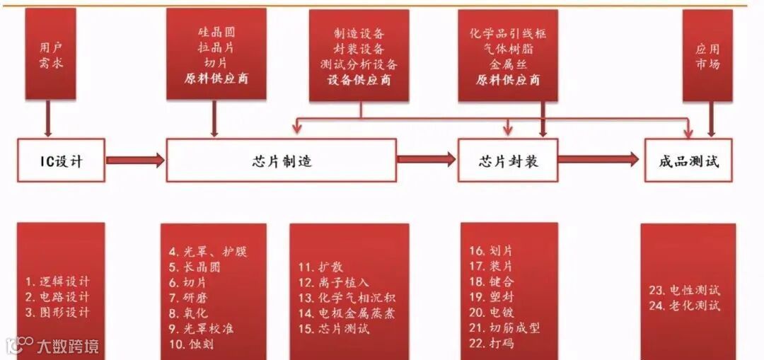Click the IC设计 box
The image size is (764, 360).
pyautogui.click(x=61, y=161)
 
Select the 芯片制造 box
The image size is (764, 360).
pyautogui.click(x=281, y=161)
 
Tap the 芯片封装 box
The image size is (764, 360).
pyautogui.click(x=508, y=161)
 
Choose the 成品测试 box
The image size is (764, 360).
pyautogui.click(x=690, y=161)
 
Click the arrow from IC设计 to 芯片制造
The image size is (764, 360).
pyautogui.click(x=135, y=161)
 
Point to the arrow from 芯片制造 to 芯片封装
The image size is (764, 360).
pyautogui.click(x=427, y=160)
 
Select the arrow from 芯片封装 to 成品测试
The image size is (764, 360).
pyautogui.click(x=601, y=160)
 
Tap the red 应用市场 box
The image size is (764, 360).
pyautogui.click(x=707, y=54)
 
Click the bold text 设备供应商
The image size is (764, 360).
pyautogui.click(x=359, y=80)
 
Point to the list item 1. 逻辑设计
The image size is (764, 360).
pyautogui.click(x=57, y=281)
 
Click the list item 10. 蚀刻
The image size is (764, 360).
pyautogui.click(x=191, y=344)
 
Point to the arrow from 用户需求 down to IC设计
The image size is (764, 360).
pyautogui.click(x=49, y=117)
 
